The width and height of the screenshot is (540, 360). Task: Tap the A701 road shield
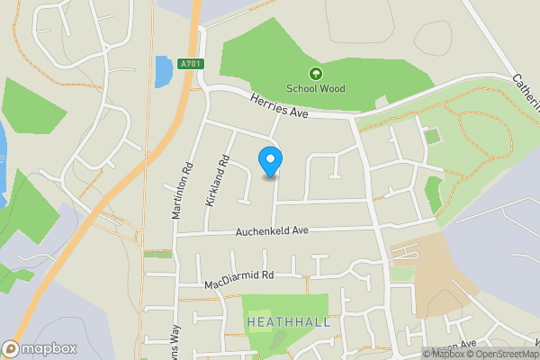tap(189, 64)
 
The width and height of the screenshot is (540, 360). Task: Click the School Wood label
tap(315, 88)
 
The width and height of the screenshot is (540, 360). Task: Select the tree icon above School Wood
tap(316, 74)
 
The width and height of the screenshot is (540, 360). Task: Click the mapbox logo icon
tap(11, 348)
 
